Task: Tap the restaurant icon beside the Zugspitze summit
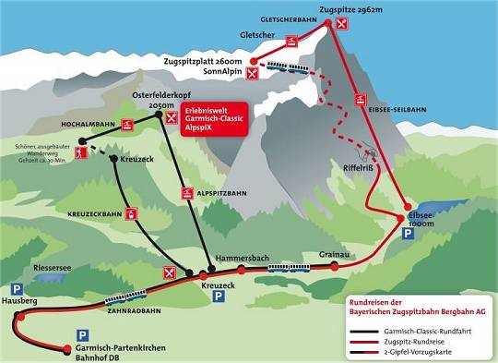pos(342,24)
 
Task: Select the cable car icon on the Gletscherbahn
pos(292,42)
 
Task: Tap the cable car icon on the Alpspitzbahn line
pos(186,195)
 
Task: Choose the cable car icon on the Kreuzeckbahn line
pos(133,215)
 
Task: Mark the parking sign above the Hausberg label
pos(16,289)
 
